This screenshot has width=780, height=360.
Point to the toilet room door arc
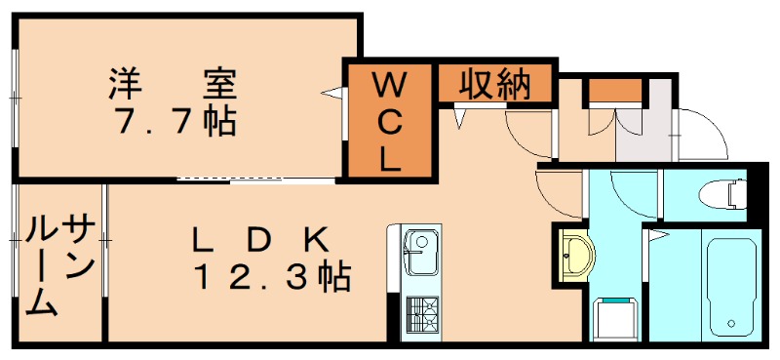point(634,190)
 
